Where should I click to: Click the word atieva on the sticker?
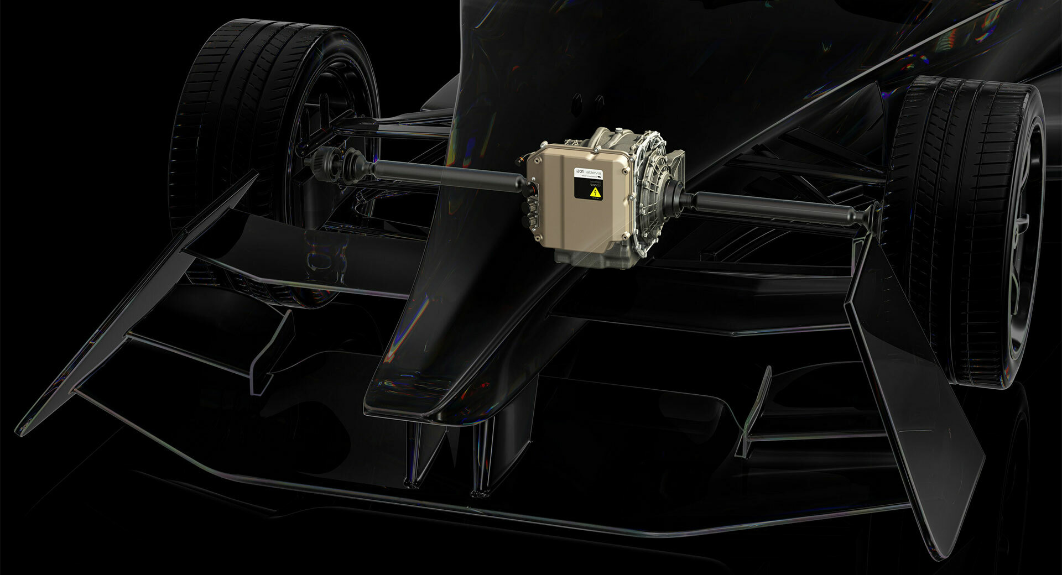[x=594, y=173]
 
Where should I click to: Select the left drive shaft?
[x=442, y=175]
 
